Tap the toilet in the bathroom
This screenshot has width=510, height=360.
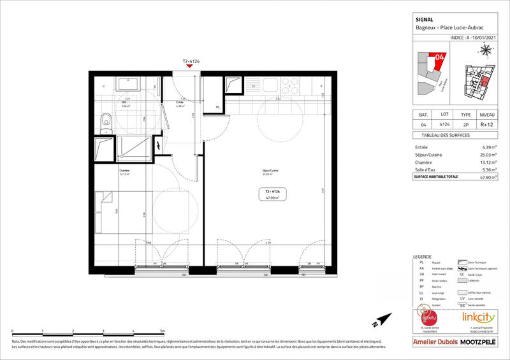coord(105,119)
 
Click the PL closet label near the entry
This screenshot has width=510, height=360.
coord(218,107)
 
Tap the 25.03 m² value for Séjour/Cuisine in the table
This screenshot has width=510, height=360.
coord(488,155)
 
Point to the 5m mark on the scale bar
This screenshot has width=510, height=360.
coord(163,332)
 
